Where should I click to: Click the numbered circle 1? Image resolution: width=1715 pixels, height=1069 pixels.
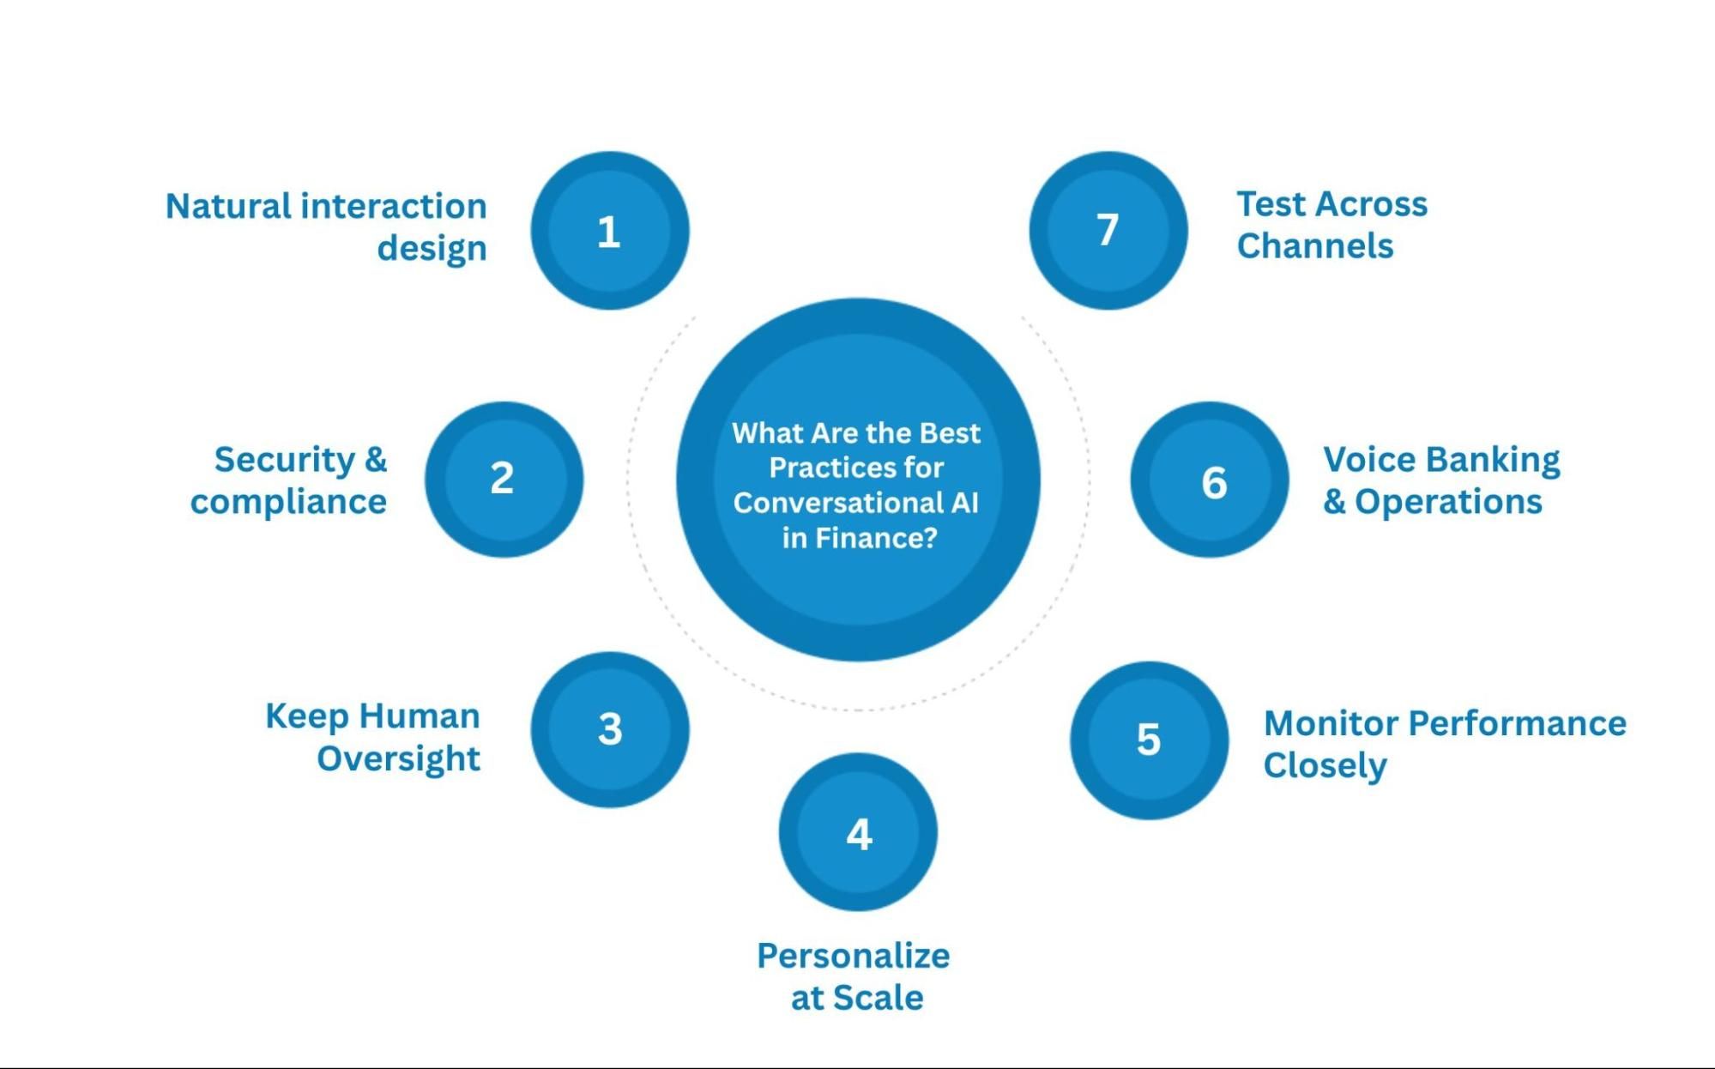[609, 231]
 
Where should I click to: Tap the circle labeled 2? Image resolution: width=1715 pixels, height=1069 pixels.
[504, 479]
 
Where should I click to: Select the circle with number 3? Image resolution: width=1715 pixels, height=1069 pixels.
[609, 729]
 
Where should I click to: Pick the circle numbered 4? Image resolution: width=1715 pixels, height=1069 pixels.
[858, 832]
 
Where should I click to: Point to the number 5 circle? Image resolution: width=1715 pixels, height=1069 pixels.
[1149, 740]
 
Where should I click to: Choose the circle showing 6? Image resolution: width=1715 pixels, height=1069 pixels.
[1210, 480]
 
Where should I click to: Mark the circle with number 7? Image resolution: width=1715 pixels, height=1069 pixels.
[1108, 230]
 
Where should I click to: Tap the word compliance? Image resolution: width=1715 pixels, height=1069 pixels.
[288, 502]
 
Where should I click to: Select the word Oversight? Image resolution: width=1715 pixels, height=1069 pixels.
[398, 759]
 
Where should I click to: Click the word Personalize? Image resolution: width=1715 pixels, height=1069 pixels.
[853, 956]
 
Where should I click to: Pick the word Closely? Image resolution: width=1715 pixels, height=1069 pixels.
[1325, 765]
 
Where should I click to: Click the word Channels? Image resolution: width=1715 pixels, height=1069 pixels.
[1314, 246]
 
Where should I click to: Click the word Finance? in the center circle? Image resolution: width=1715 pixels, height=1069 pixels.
[877, 538]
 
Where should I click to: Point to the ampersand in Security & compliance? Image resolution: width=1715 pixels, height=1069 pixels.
[376, 460]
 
